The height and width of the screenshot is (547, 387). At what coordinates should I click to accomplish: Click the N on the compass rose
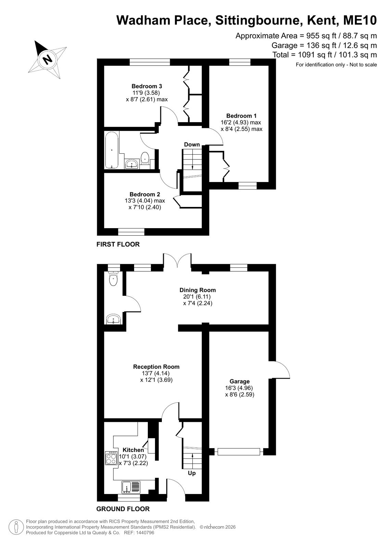[x=48, y=59]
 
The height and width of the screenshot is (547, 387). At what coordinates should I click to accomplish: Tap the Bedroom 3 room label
[x=146, y=86]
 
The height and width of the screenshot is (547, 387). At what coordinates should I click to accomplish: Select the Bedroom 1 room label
[x=241, y=116]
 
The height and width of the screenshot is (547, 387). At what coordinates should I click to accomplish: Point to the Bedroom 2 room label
[x=145, y=194]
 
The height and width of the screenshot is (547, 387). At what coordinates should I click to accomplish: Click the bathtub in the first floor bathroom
[x=112, y=150]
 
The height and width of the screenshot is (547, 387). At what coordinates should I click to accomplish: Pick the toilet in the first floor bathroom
[x=145, y=158]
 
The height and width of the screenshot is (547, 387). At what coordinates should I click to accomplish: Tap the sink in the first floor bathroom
[x=132, y=164]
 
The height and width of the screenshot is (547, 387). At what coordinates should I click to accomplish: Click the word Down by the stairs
[x=192, y=145]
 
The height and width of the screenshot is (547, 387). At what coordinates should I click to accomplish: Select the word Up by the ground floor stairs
[x=192, y=473]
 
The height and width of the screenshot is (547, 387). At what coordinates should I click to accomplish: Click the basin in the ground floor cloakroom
[x=113, y=319]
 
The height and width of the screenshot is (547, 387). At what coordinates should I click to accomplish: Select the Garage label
[x=240, y=381]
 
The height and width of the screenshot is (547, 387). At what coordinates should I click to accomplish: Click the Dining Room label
[x=198, y=290]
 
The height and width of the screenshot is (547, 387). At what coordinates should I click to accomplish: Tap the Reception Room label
[x=156, y=367]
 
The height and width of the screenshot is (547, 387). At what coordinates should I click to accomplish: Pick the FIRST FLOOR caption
[x=118, y=244]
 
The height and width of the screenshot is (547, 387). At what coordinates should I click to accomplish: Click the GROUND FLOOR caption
[x=123, y=509]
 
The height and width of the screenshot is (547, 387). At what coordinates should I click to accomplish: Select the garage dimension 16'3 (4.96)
[x=239, y=388]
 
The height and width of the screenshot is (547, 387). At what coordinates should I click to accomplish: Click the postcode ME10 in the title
[x=360, y=20]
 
